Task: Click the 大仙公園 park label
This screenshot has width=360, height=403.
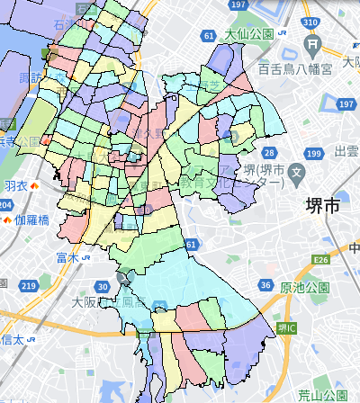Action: point(249,35)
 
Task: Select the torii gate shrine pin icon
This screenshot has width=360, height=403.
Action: point(312,44)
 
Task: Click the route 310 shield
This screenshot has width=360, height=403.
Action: point(312,21)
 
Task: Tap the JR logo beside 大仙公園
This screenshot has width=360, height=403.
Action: point(283,35)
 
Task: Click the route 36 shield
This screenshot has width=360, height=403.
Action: point(264,286)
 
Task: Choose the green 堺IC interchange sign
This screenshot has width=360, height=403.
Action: point(285,328)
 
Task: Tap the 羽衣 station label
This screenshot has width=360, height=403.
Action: point(15,185)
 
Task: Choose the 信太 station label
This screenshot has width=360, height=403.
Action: point(12,339)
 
